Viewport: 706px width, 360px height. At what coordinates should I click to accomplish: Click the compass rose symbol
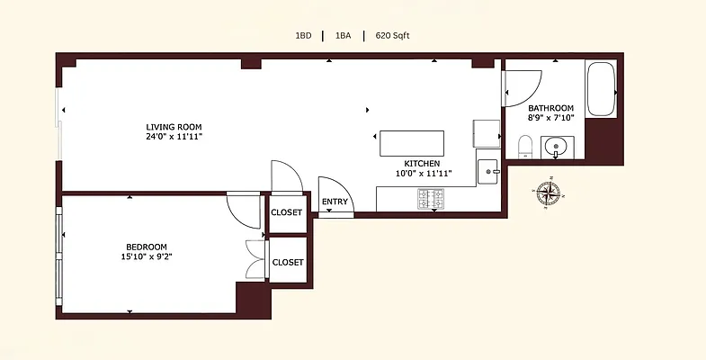(547, 193)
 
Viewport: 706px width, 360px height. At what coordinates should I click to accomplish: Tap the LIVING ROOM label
(174, 126)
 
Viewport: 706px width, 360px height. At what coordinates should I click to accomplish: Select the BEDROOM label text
(146, 247)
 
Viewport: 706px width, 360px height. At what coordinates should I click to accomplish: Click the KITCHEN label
(422, 163)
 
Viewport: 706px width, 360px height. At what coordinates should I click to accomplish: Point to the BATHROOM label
(551, 108)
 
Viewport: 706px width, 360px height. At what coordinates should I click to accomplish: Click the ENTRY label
(335, 202)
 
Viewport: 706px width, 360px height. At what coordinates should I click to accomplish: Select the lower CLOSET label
(288, 262)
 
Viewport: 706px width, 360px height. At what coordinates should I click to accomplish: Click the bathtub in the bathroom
(601, 89)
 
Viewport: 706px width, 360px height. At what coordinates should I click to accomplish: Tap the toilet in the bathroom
(525, 146)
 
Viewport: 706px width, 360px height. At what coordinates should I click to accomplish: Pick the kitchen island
(412, 143)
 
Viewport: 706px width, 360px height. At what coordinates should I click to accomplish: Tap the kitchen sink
(488, 168)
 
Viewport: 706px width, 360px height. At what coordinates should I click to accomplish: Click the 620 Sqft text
(392, 36)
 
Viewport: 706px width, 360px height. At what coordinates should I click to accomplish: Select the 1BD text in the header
(304, 36)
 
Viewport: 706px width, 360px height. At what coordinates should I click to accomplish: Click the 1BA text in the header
(343, 36)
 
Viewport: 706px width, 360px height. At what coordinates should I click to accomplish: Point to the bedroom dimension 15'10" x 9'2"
(146, 257)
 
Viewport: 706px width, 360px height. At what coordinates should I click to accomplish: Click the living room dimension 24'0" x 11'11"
(174, 137)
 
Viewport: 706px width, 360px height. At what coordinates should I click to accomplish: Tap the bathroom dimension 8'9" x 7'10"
(551, 118)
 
